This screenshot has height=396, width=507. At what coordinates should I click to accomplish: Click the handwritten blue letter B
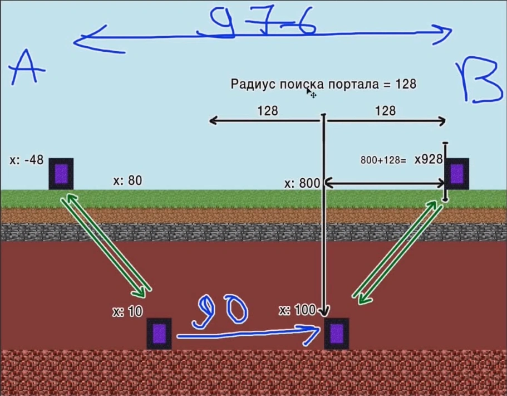pos(479,83)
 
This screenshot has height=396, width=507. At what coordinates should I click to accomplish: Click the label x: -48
pos(26,160)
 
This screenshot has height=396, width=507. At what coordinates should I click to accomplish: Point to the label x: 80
pos(127,180)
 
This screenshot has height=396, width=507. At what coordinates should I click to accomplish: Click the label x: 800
pos(302,183)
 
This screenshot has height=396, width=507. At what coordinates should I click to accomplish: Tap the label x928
pos(429,160)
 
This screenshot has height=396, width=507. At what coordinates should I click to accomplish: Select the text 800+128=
pos(383,160)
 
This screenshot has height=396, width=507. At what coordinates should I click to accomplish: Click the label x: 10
pos(127,312)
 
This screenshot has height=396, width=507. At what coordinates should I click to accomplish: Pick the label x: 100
pos(298,310)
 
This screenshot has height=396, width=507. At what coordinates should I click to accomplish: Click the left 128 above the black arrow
pos(268,111)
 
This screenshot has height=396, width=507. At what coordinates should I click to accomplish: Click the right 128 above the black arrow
pos(385,111)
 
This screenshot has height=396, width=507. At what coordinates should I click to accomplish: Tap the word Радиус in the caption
pos(250,84)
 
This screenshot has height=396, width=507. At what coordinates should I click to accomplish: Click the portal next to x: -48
pos(61,174)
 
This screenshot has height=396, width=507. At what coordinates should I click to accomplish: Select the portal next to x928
pos(457,173)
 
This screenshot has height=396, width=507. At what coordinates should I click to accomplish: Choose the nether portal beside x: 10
pos(159,333)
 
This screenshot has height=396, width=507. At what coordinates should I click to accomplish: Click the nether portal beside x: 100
pos(337,333)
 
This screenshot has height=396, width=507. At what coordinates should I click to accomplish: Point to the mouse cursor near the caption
pos(311,92)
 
